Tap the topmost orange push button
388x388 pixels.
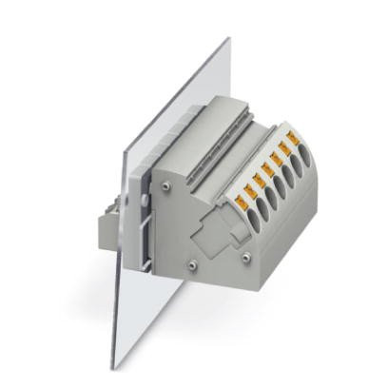(293, 141)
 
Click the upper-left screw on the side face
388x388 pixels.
(167, 187)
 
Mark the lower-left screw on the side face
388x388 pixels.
(193, 264)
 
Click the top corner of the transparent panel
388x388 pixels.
(228, 40)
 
